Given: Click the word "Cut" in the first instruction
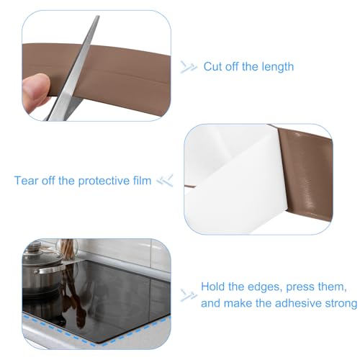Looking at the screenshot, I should point(214,66).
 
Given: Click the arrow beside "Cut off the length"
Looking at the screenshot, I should point(189,66).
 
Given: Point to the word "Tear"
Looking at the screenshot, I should point(27,180).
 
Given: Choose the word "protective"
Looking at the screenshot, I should point(107,180).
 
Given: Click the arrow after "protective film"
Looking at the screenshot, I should point(166,180).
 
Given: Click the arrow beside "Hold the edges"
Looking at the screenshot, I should point(189,294).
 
